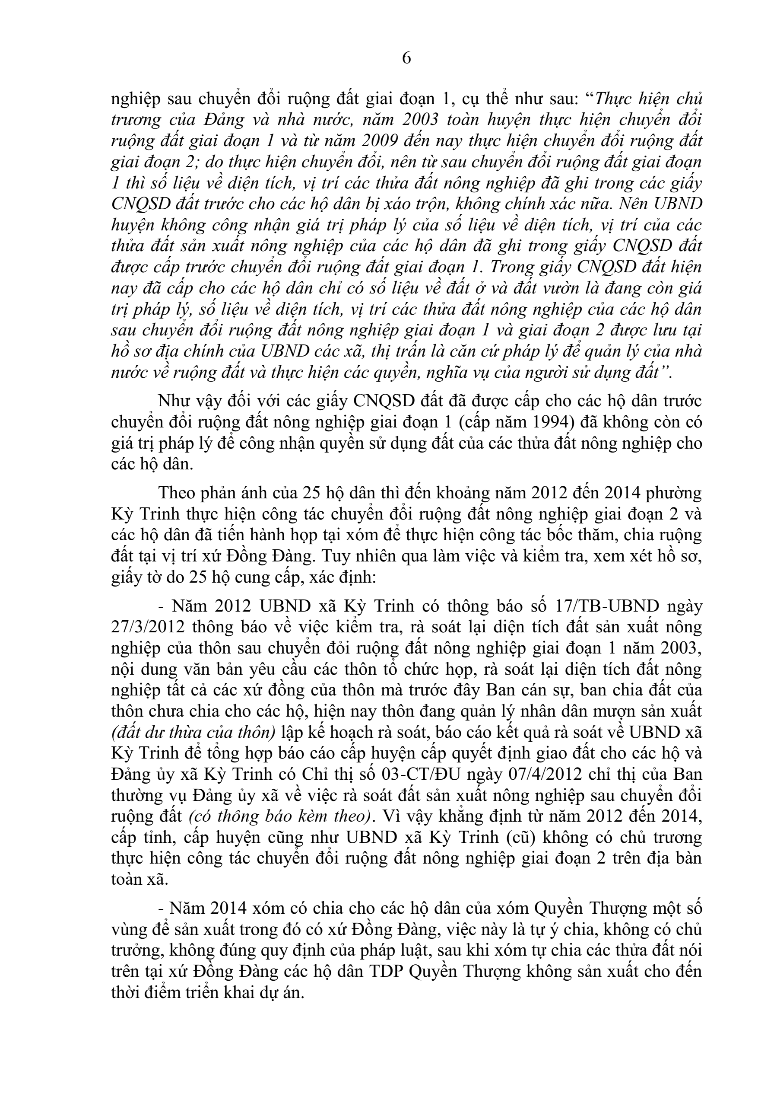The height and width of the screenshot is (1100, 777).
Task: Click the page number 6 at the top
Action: [406, 58]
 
